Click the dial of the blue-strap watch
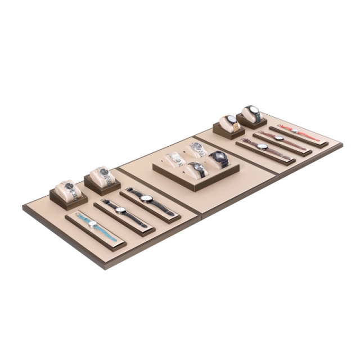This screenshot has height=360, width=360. (93, 223)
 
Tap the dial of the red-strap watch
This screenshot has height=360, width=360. (295, 131)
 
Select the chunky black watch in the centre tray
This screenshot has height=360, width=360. (219, 157)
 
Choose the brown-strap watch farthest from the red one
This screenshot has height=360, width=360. (262, 147)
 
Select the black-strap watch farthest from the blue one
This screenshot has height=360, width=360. (147, 199)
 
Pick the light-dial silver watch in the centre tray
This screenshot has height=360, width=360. (175, 159)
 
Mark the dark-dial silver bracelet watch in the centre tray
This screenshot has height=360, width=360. (198, 148)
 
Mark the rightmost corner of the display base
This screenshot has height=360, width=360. (341, 143)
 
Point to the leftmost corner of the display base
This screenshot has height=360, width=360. (23, 208)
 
